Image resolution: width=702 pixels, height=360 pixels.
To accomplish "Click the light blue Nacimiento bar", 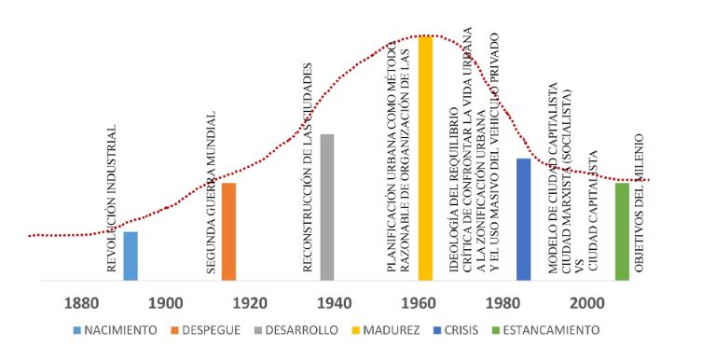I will point(131,256).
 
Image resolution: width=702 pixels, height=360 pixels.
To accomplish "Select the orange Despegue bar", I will point(228,231).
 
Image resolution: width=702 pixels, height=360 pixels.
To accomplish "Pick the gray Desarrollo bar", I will point(326,207).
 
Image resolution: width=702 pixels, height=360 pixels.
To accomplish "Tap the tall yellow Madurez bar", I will point(425,158).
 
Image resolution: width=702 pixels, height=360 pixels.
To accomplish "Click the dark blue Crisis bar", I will point(523,219).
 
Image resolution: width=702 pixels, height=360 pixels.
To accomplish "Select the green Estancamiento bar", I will point(622,231).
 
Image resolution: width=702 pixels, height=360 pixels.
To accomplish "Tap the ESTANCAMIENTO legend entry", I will point(551,329).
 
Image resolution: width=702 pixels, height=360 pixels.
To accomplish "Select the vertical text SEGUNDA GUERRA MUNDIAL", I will point(212,192).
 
